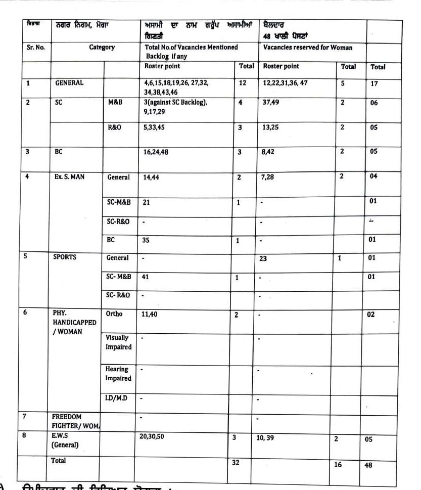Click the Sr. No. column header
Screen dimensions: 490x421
[35, 48]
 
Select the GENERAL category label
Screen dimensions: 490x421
[69, 83]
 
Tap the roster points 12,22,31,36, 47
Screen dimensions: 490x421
[285, 83]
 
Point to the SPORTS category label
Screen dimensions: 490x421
[65, 257]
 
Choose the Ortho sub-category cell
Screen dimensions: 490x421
[114, 314]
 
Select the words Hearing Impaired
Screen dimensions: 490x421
[118, 374]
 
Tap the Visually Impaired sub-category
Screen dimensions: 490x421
[118, 342]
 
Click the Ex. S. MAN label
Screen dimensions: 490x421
[69, 177]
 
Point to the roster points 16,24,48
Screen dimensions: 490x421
[156, 152]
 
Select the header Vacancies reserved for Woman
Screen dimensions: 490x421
[308, 48]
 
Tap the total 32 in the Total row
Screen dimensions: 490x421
[236, 462]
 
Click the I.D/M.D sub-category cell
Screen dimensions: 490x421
[116, 398]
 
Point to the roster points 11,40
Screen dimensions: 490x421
[150, 314]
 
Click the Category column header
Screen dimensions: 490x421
[102, 48]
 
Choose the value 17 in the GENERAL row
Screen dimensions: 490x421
[374, 83]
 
